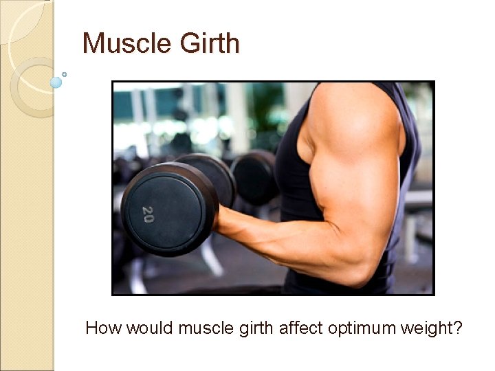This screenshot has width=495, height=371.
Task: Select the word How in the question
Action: click(104, 328)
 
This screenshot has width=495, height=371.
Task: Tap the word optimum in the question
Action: click(363, 328)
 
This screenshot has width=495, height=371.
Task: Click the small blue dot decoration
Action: click(56, 82)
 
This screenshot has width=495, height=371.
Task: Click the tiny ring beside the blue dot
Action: click(65, 74)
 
